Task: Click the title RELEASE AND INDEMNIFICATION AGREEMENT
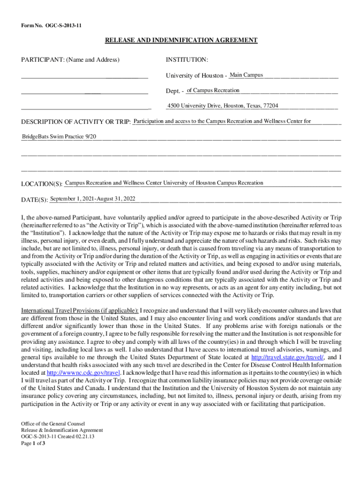[181, 41]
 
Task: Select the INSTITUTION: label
[187, 60]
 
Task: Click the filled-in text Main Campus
[246, 75]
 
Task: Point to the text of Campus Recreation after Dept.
[213, 90]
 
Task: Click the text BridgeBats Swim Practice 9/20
[59, 137]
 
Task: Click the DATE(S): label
[35, 200]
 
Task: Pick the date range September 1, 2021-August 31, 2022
[93, 199]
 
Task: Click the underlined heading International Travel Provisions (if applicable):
[79, 311]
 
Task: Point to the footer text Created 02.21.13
[76, 437]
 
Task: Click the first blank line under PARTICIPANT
[84, 76]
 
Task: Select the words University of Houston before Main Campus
[194, 76]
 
